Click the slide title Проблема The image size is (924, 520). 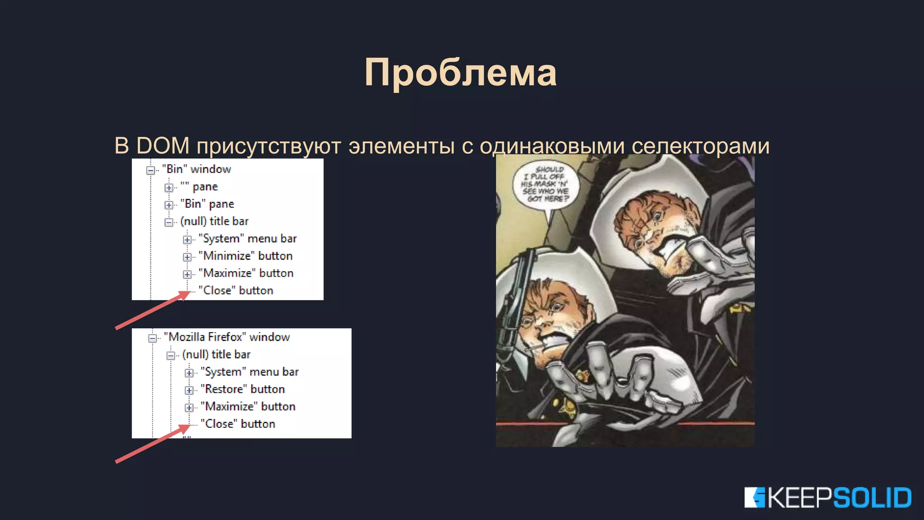[461, 73]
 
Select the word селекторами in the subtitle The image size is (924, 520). [700, 146]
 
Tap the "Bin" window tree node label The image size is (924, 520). [196, 169]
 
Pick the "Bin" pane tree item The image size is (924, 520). [207, 204]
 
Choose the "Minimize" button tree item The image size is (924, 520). [245, 256]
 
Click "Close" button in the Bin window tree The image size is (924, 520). [236, 291]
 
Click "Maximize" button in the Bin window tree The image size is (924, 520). [246, 273]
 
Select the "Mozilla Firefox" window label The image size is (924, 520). [226, 337]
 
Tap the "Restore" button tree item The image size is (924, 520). [243, 389]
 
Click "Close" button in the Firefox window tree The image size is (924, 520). [238, 424]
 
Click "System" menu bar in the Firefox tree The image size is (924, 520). [249, 372]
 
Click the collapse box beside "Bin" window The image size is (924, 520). [151, 170]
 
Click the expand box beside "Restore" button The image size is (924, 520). [189, 390]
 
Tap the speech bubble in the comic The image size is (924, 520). [545, 185]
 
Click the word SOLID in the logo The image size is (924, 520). [872, 498]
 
